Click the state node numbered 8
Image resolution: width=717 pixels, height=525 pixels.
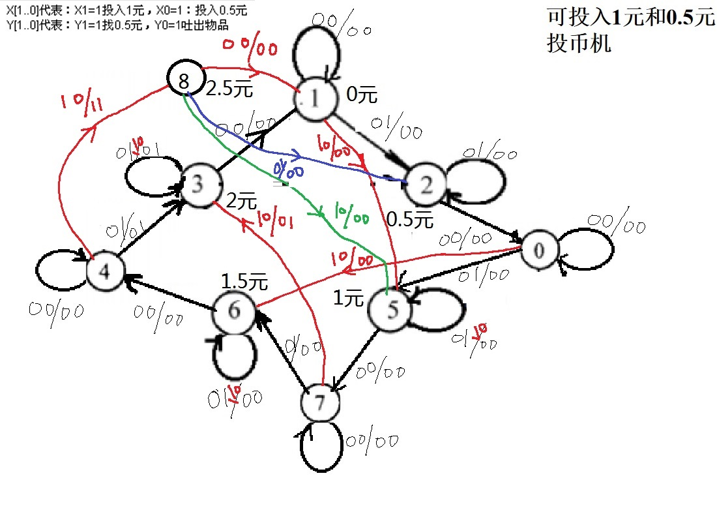pyautogui.click(x=184, y=80)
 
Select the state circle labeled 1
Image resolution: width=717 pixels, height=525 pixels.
pyautogui.click(x=314, y=100)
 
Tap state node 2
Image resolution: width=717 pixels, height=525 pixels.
pyautogui.click(x=426, y=186)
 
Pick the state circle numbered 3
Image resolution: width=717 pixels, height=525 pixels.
pyautogui.click(x=199, y=186)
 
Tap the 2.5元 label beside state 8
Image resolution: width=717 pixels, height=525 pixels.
pyautogui.click(x=228, y=89)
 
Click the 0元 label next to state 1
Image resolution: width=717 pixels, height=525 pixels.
pyautogui.click(x=361, y=96)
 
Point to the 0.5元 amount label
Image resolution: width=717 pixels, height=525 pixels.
pyautogui.click(x=410, y=220)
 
